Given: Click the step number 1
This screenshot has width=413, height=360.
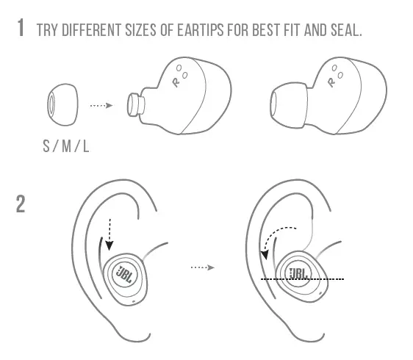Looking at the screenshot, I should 22,30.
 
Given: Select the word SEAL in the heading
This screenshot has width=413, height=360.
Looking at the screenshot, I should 345,31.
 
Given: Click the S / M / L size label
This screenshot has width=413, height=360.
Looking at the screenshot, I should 66,145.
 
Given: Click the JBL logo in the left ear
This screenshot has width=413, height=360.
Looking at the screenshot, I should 124,274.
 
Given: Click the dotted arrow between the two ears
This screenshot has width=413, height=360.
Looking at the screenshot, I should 201,267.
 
